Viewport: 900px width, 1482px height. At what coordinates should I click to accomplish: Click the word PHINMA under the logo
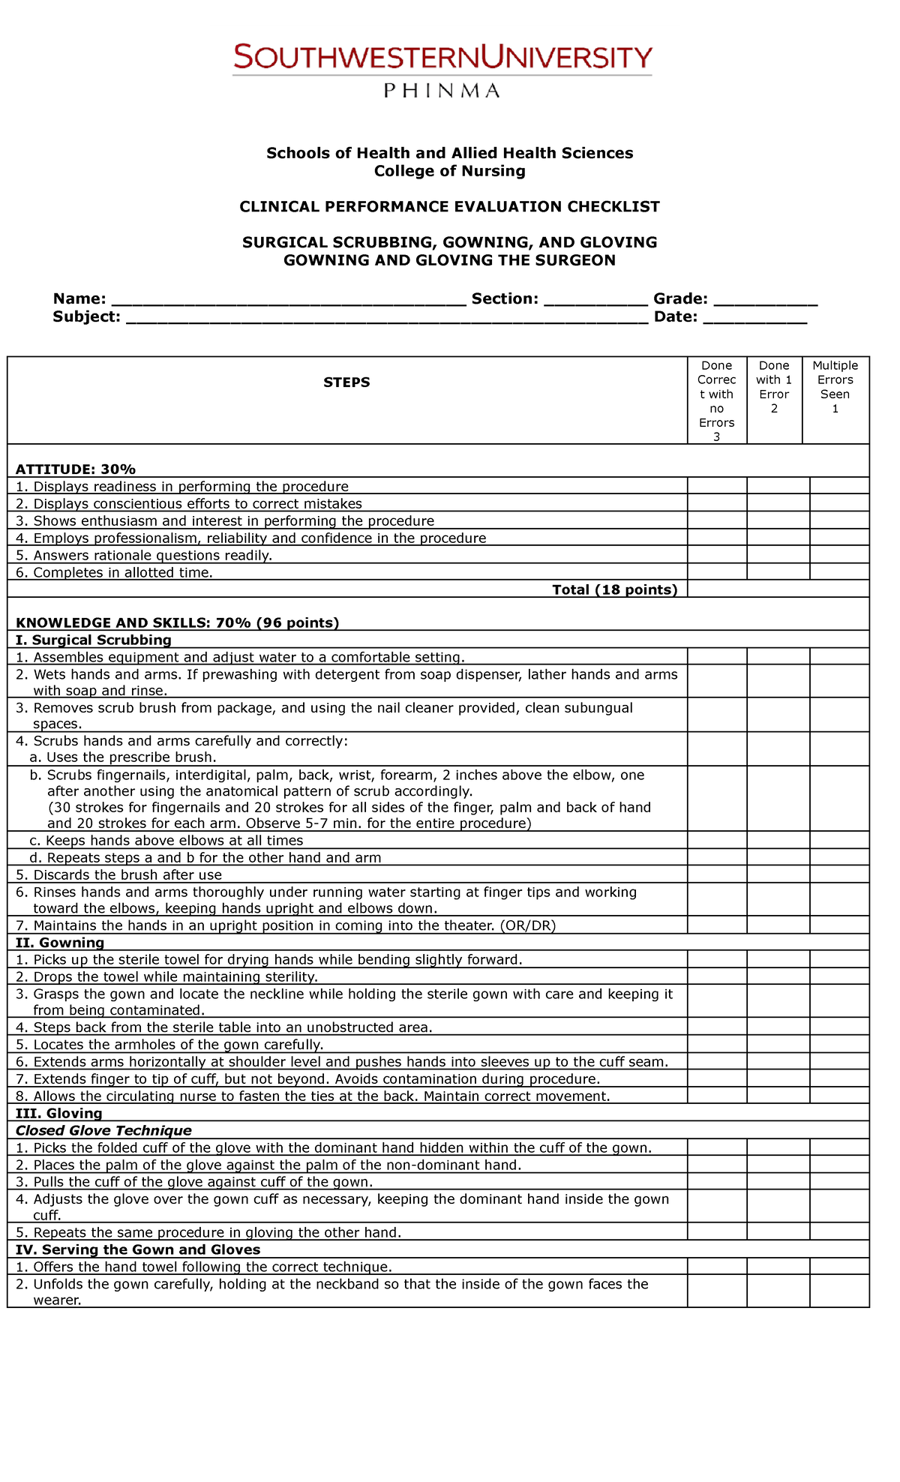(x=442, y=91)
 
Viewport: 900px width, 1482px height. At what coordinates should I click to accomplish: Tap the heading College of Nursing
(x=449, y=171)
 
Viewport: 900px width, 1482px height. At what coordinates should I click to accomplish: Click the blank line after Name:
(x=289, y=301)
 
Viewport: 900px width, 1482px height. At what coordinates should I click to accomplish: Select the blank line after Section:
(x=595, y=301)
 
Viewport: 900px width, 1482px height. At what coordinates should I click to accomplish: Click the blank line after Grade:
(x=765, y=301)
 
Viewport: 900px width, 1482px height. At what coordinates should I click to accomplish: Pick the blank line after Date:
(x=754, y=319)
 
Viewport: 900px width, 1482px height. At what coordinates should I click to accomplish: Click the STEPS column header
(x=346, y=382)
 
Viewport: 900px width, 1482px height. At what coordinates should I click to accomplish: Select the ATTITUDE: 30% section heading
(x=76, y=469)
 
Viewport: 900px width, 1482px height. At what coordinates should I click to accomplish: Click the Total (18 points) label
(x=614, y=589)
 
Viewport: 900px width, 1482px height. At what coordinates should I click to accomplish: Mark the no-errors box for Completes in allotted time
(x=717, y=572)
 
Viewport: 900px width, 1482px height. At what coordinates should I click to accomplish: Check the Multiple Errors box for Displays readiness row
(x=839, y=486)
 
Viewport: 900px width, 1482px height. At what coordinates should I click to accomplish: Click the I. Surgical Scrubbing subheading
(x=94, y=640)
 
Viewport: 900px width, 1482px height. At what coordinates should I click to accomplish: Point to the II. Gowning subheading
(x=60, y=943)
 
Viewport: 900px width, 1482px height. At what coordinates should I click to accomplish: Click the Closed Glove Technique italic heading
(x=103, y=1130)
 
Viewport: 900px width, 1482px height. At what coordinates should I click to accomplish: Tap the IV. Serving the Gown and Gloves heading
(x=138, y=1249)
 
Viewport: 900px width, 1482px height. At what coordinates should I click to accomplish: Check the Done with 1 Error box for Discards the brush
(x=778, y=874)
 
